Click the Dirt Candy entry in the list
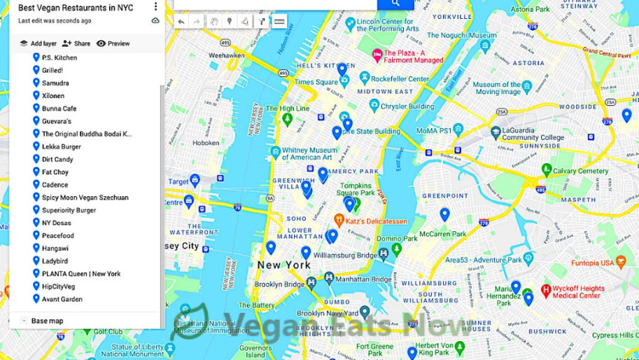pos(57,159)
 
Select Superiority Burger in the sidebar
pos(69,210)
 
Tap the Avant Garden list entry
pos(62,299)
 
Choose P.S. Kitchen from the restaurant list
pos(59,57)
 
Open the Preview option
pos(113,43)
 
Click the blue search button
pos(395,4)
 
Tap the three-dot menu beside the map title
pos(155,7)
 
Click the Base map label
pos(47,321)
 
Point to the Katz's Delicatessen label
pos(376,221)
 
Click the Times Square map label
pos(316,82)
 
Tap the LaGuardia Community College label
pos(533,133)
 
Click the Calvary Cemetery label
pos(580,171)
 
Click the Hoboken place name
pos(206,142)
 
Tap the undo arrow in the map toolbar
pos(181,22)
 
